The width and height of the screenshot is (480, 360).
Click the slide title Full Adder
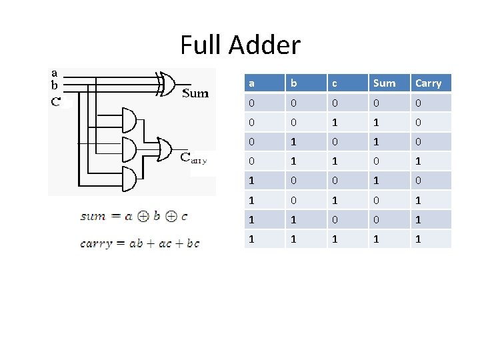coord(240,45)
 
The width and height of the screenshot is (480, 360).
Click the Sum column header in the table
coord(384,83)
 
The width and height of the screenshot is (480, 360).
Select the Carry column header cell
coord(428,83)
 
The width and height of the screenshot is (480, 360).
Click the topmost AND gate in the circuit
coord(127,120)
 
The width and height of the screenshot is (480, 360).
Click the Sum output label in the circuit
coord(195,93)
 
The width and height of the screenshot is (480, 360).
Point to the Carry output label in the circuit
coord(194,158)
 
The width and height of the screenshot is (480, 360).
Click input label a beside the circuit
coord(54,73)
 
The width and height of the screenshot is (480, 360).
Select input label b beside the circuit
coord(54,85)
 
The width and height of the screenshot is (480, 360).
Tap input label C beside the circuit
coord(55,102)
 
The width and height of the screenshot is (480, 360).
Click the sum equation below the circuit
coord(134,216)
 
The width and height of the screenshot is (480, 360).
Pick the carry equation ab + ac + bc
coord(139,243)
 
